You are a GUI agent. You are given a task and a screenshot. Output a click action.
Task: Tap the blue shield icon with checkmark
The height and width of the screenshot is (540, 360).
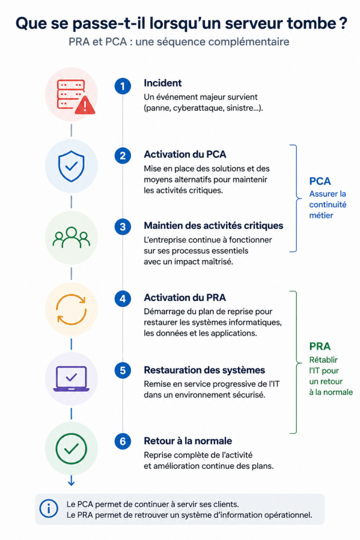71,166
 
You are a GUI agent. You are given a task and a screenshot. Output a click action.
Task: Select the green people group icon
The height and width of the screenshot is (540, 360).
71,237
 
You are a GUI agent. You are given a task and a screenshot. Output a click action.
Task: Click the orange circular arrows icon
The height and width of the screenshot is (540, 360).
71,309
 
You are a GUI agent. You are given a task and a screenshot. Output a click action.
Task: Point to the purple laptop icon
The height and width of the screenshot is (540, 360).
71,379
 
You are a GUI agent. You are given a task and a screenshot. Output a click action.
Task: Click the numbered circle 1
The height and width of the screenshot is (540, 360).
122,86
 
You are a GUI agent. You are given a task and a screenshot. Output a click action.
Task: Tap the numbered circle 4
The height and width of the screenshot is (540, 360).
122,298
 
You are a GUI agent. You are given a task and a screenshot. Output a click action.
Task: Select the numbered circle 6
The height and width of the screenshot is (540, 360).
122,441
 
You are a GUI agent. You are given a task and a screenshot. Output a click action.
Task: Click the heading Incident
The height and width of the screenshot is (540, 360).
163,83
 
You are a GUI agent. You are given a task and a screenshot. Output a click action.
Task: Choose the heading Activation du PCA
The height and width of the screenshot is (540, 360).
185,155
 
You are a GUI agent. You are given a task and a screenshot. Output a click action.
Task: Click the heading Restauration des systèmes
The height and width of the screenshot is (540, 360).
205,370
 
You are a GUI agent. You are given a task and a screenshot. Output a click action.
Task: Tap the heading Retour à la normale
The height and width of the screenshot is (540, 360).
188,441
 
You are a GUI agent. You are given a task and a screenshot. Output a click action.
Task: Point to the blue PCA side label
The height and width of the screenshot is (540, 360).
320,181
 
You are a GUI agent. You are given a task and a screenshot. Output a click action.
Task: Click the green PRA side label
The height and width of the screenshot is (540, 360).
320,346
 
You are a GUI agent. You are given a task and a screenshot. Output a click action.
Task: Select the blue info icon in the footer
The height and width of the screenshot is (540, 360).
48,509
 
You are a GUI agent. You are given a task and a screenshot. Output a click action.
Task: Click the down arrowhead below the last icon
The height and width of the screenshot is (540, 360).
71,483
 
